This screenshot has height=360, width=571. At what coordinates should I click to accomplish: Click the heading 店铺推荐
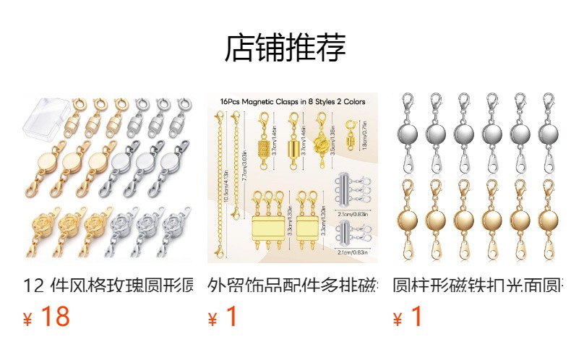point(285,48)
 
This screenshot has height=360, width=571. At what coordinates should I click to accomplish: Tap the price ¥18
point(47,317)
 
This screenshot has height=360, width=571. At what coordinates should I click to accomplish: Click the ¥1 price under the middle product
point(223,317)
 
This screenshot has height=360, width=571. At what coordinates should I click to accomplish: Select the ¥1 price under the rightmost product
point(408,317)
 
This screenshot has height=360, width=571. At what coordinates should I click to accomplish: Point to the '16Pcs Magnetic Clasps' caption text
point(293,102)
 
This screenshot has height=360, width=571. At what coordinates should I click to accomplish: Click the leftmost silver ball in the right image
point(406,134)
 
